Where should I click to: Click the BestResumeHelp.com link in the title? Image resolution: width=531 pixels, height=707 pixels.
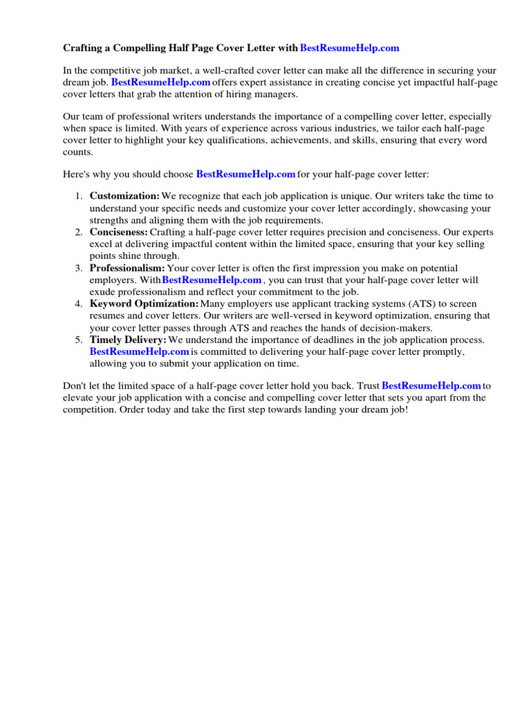point(350,48)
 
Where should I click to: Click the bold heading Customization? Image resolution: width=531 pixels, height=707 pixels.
point(124,196)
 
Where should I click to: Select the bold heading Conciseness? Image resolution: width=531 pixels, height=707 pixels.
point(119,232)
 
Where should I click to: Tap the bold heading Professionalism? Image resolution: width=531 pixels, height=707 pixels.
point(127,268)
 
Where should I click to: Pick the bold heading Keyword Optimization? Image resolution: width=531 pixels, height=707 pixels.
point(144,304)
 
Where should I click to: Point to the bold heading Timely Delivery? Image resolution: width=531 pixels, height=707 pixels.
point(128,340)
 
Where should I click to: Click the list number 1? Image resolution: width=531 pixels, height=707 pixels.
point(79,196)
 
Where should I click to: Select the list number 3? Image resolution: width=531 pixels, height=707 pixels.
point(79,268)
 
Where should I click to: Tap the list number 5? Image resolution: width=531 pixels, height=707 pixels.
point(79,340)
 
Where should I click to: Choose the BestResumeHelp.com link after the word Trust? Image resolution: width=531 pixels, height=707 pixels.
point(431,385)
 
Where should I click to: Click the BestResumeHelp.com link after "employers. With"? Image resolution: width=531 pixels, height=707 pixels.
point(212,280)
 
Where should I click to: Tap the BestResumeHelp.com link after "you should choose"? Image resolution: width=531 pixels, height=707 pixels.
point(245,174)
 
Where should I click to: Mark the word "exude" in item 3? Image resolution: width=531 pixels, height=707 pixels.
point(102,291)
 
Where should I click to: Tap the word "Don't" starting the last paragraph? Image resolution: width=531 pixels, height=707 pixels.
point(75,385)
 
